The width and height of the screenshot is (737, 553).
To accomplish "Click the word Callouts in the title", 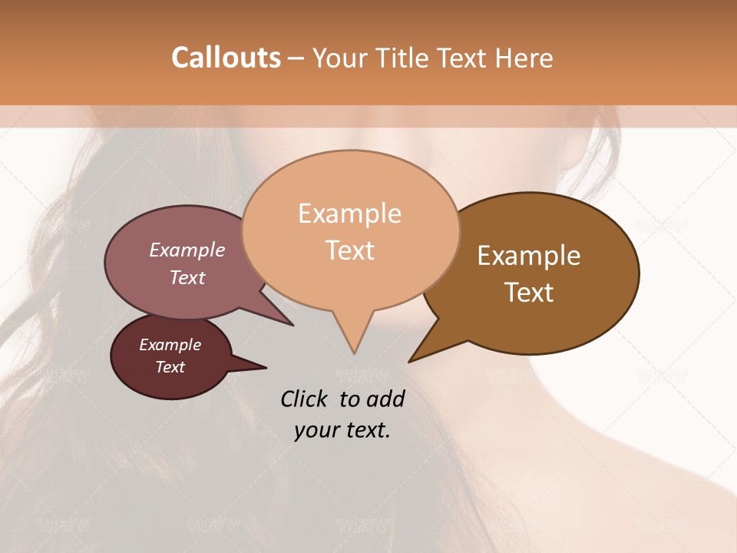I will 226,58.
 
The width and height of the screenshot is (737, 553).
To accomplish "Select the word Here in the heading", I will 524,58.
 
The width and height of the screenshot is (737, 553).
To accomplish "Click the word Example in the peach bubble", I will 349,214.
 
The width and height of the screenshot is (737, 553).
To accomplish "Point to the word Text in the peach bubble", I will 349,250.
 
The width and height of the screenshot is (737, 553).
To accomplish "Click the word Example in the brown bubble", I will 529,256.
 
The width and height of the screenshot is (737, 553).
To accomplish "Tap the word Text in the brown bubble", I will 529,293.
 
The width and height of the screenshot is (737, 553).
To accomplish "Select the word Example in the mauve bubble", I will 187,250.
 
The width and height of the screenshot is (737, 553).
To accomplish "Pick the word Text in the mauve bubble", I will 187,277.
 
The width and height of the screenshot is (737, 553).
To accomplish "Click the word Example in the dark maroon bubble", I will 170,345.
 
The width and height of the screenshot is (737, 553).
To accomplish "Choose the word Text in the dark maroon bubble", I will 170,367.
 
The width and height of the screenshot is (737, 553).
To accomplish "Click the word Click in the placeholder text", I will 304,399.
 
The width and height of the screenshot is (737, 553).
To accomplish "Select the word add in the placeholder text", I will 386,399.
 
